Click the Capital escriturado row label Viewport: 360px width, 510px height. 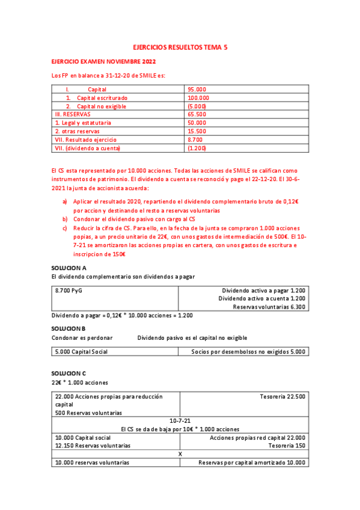point(102,97)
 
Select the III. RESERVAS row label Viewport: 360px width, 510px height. point(73,114)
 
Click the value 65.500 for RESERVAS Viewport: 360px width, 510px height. point(197,114)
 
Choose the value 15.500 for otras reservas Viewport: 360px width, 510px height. point(197,131)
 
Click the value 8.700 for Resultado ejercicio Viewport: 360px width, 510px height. point(195,140)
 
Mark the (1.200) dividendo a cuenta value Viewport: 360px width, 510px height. point(197,148)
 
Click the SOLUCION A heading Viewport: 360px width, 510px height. point(69,267)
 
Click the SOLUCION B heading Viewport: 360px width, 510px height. point(69,328)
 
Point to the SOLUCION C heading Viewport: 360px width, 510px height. point(69,373)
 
